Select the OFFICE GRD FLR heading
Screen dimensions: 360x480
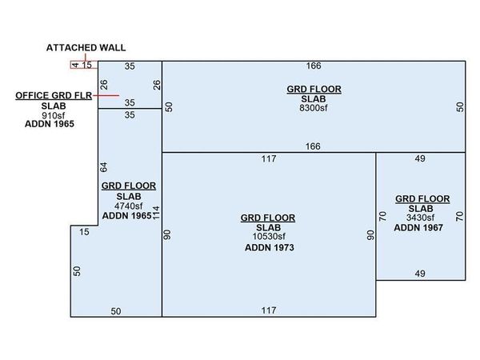coord(53,95)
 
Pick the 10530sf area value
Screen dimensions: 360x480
coord(269,237)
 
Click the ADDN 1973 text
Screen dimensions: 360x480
coord(269,248)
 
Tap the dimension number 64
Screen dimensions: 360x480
coord(103,167)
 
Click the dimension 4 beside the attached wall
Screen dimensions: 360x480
coord(74,65)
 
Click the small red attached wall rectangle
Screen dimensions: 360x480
coord(84,65)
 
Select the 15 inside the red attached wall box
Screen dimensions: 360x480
coord(87,65)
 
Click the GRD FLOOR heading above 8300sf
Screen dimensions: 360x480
coord(314,86)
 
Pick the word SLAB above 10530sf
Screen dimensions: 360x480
coord(269,227)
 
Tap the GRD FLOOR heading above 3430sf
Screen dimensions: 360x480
coord(422,198)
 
